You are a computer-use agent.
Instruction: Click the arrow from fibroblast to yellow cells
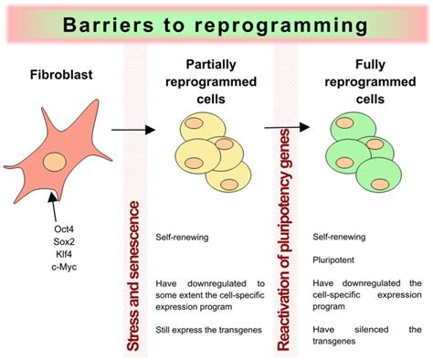(131, 131)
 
